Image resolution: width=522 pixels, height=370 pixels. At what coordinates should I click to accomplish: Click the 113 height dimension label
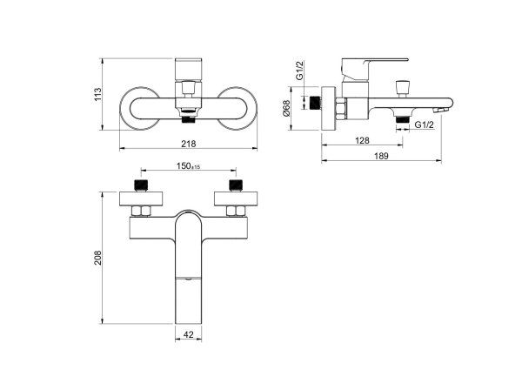click(x=97, y=95)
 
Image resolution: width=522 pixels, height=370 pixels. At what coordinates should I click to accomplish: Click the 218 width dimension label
click(x=189, y=144)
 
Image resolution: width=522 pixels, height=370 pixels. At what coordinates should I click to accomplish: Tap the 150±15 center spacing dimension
click(x=189, y=166)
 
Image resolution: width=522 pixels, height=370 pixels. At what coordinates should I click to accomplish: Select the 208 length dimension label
click(x=97, y=258)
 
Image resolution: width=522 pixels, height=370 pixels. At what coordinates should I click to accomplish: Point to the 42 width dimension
click(x=189, y=334)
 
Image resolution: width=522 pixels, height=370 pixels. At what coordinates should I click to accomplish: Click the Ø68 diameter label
click(x=286, y=109)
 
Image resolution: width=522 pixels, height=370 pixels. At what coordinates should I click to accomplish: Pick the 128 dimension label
click(x=362, y=140)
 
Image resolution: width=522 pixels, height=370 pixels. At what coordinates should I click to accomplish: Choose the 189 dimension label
click(x=381, y=156)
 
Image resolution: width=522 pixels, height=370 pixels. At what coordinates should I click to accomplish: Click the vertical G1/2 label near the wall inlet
click(x=300, y=71)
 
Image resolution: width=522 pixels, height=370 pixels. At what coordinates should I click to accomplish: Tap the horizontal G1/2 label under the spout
click(x=425, y=124)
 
